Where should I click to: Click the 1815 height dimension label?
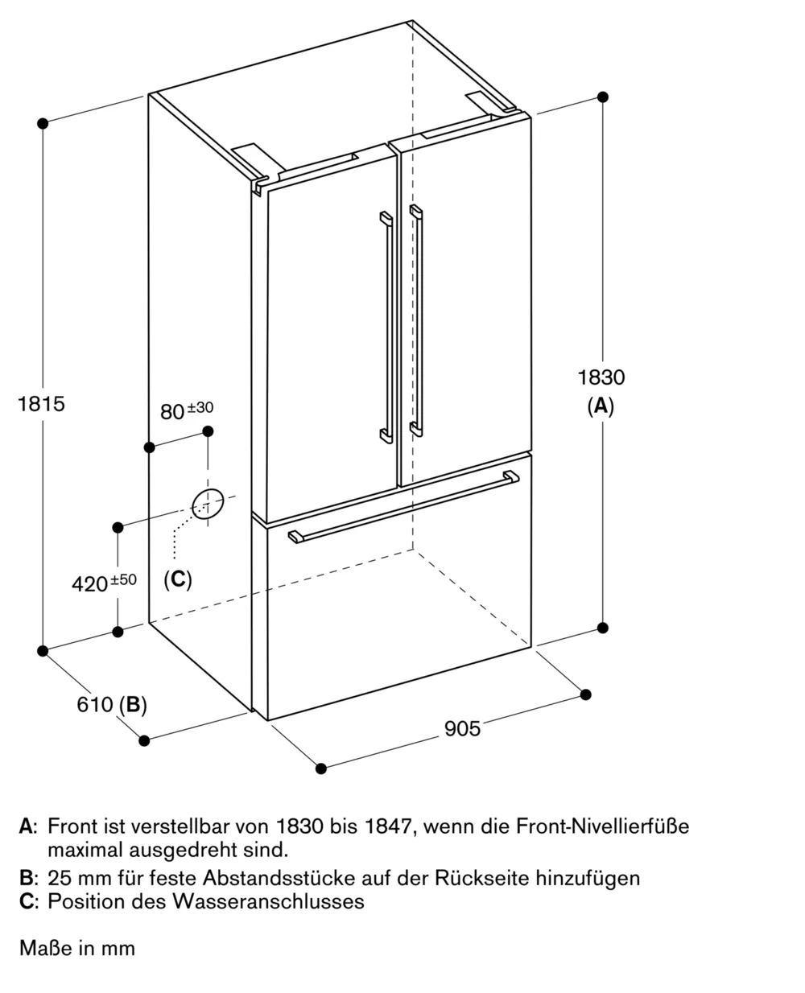pyautogui.click(x=41, y=403)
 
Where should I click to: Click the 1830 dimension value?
pyautogui.click(x=601, y=377)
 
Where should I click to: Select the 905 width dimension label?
pyautogui.click(x=462, y=728)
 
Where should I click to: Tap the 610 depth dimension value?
pyautogui.click(x=94, y=705)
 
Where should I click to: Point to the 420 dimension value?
pyautogui.click(x=89, y=584)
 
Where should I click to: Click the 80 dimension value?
pyautogui.click(x=171, y=412)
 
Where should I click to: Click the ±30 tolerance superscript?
pyautogui.click(x=200, y=408)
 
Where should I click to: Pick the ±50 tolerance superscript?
pyautogui.click(x=123, y=579)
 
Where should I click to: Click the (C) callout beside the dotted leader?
pyautogui.click(x=178, y=579)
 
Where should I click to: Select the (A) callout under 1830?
pyautogui.click(x=601, y=406)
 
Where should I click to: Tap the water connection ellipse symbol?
pyautogui.click(x=206, y=504)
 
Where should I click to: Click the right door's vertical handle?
pyautogui.click(x=415, y=322)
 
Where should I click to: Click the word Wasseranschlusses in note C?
pyautogui.click(x=267, y=901)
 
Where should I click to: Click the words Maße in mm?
pyautogui.click(x=77, y=949)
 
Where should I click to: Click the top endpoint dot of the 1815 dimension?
pyautogui.click(x=43, y=123)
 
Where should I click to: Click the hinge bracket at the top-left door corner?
pyautogui.click(x=259, y=184)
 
